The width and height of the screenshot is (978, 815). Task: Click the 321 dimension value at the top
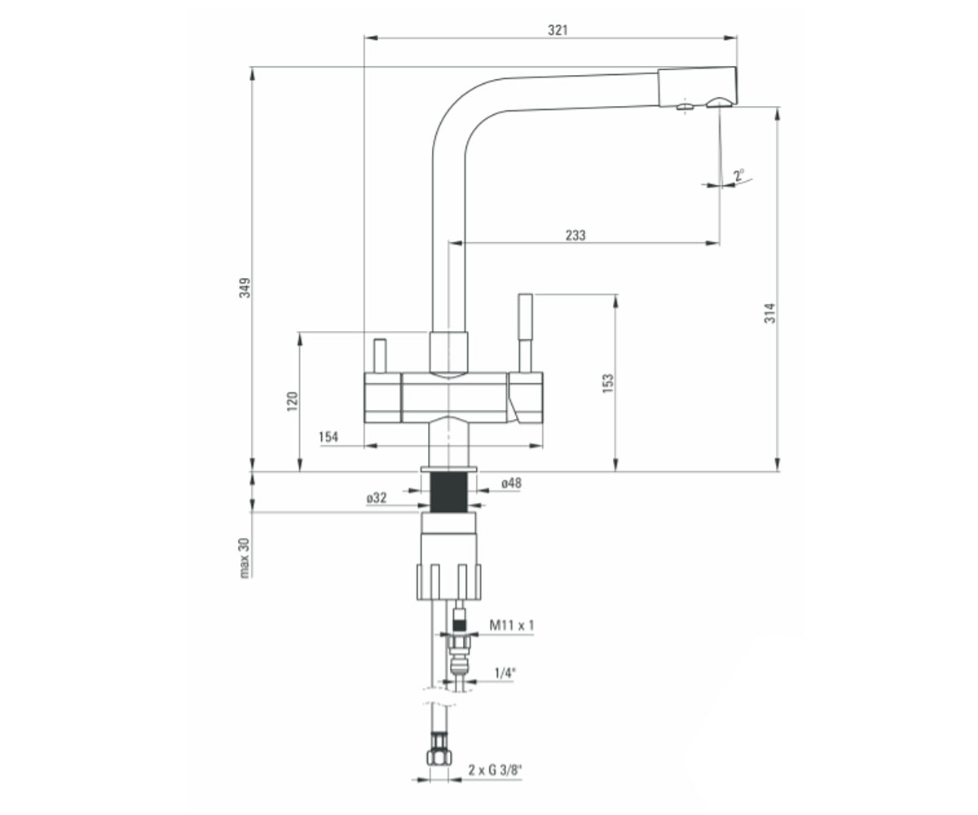(557, 30)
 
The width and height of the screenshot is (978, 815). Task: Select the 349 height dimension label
(245, 288)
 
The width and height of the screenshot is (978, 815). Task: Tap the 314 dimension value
(769, 313)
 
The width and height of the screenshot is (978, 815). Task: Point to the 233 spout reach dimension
(575, 236)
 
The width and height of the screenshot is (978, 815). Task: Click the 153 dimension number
(607, 383)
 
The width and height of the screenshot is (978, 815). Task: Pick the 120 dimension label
(293, 402)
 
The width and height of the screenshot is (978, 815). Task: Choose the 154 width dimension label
(328, 437)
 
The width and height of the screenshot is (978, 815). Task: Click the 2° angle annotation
(739, 176)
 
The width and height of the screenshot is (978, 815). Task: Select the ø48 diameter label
(511, 483)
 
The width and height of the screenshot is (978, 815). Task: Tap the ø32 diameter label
(377, 498)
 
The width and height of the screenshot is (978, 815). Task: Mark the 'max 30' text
(244, 557)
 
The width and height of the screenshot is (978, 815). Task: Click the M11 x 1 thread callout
(512, 625)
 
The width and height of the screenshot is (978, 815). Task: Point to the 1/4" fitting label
(505, 673)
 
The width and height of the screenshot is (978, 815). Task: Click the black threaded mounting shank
(449, 492)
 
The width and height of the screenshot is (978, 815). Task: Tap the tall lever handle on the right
(526, 333)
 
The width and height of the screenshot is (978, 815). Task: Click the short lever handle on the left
(380, 356)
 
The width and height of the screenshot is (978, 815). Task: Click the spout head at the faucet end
(698, 87)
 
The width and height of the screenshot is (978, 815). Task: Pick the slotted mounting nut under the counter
(449, 581)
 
